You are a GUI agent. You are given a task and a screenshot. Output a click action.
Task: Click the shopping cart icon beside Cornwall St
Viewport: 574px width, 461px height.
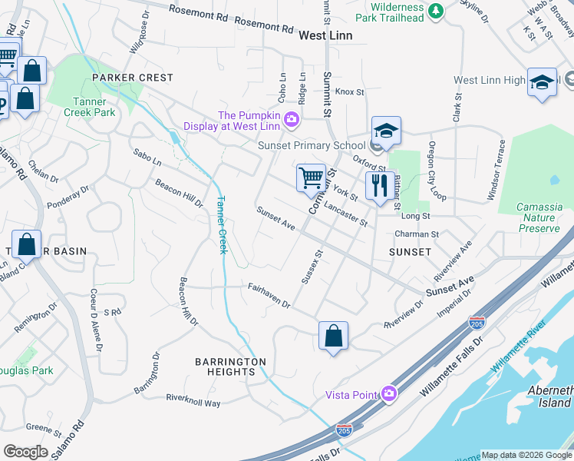(x=312, y=177)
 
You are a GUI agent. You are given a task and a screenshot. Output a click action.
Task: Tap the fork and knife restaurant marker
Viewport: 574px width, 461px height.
(x=379, y=186)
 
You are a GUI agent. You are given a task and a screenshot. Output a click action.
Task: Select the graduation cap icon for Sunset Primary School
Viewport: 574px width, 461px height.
(x=387, y=131)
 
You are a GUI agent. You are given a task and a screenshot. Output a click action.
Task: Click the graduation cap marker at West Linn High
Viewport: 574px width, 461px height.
(x=542, y=82)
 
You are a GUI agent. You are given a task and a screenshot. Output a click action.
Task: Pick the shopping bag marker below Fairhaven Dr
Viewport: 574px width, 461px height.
(x=334, y=336)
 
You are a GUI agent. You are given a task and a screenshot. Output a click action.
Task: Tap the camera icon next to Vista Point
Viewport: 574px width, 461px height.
(x=390, y=394)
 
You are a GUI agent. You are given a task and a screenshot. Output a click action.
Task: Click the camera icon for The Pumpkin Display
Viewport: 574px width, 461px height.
(x=292, y=119)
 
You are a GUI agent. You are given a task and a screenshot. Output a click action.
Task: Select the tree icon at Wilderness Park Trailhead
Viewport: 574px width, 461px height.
(x=436, y=11)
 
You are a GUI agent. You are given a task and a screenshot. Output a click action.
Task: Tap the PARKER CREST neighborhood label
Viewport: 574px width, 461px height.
(x=133, y=78)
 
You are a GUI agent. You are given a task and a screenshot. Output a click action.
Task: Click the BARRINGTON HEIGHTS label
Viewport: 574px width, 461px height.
(x=230, y=366)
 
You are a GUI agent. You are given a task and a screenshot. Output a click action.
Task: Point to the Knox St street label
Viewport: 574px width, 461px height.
(x=349, y=91)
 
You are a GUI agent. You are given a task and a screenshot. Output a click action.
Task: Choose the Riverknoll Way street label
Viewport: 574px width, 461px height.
(x=193, y=400)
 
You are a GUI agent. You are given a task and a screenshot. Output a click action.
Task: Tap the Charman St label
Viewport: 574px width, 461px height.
(x=416, y=234)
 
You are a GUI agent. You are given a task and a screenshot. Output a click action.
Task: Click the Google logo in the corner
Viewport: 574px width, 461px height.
(x=25, y=451)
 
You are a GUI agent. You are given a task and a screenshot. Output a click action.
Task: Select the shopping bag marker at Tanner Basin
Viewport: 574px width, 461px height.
(x=26, y=245)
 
